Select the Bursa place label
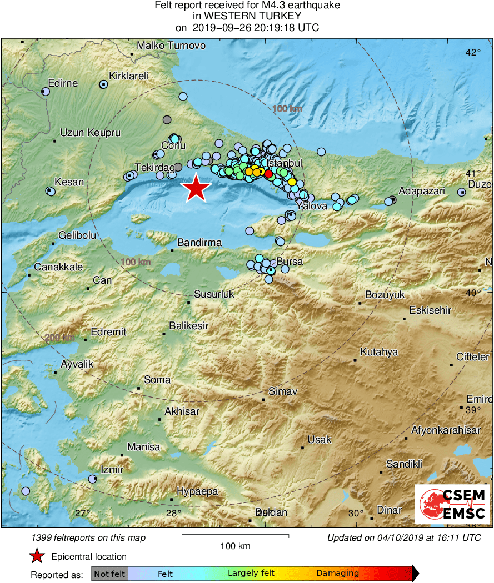pos(290,262)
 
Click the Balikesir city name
pos(188,326)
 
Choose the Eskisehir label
pos(430,310)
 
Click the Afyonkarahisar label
pos(446,430)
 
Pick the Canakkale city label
pos(58,267)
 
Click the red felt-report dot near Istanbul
pos(268,174)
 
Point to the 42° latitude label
pos(473,53)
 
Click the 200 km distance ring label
pos(59,338)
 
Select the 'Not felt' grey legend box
pos(109,574)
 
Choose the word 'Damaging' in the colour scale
pos(337,574)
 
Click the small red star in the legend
pos(37,556)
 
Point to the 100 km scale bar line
pos(235,536)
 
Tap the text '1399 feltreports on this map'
pos(89,538)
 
